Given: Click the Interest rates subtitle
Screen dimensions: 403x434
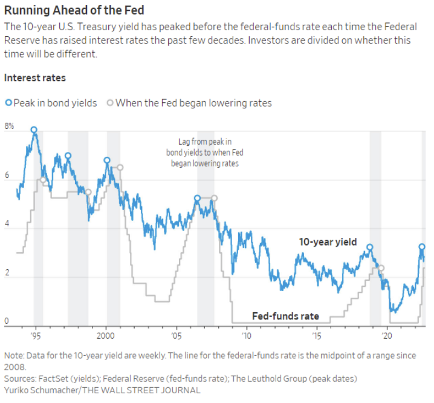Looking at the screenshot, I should pos(35,78).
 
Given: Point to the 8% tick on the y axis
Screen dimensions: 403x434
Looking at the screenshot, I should pos(9,126).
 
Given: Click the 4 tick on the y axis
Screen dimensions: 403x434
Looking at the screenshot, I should pos(7,224).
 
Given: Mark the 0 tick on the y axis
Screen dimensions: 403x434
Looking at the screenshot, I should pos(7,321).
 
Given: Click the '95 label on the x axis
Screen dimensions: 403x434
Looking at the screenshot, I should pos(36,335).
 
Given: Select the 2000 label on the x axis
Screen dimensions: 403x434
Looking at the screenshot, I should pos(106,335).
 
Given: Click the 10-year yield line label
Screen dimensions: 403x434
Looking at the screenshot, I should pos(328,242).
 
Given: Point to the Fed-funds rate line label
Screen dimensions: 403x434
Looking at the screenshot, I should pos(285,316).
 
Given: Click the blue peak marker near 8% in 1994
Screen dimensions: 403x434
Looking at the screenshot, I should pos(34,130).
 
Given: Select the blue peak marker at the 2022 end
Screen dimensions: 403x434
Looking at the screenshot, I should pos(422,247).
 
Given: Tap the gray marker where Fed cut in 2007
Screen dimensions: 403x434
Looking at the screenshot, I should pos(214,198).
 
